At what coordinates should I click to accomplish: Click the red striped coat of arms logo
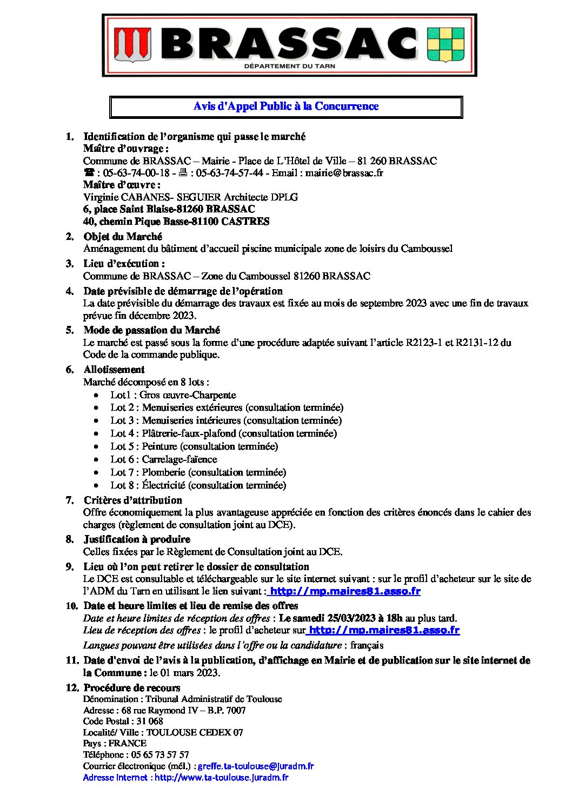tap(132, 45)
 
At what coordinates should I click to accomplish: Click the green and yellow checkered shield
tap(445, 45)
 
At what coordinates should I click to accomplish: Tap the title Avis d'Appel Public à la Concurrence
tap(285, 106)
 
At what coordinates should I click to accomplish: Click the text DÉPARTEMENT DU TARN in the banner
tap(290, 66)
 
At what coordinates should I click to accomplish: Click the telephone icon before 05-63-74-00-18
tap(89, 173)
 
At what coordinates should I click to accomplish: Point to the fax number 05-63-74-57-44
tap(229, 173)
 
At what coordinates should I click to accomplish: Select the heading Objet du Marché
tap(123, 237)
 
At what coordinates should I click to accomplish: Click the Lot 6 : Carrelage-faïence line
tap(164, 459)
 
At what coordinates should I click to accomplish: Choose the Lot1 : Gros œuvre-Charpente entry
tap(173, 395)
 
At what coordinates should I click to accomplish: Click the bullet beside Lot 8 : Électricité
tap(96, 486)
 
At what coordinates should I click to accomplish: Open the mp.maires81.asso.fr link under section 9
tap(345, 591)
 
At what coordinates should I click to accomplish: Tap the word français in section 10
tap(367, 645)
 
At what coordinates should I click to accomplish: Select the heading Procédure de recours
tap(132, 688)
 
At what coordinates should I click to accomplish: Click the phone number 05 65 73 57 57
tap(160, 755)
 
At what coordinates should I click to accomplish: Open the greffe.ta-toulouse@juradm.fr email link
tap(256, 766)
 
